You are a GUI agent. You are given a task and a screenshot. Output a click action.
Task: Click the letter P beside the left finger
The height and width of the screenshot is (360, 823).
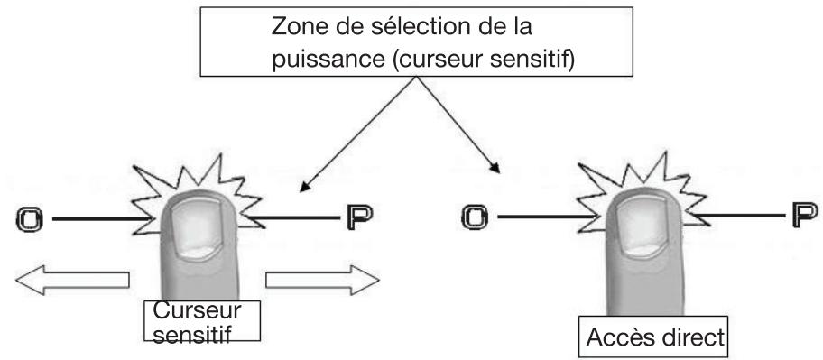click(358, 217)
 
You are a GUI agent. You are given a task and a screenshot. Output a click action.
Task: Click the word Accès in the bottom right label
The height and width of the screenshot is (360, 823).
click(618, 339)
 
